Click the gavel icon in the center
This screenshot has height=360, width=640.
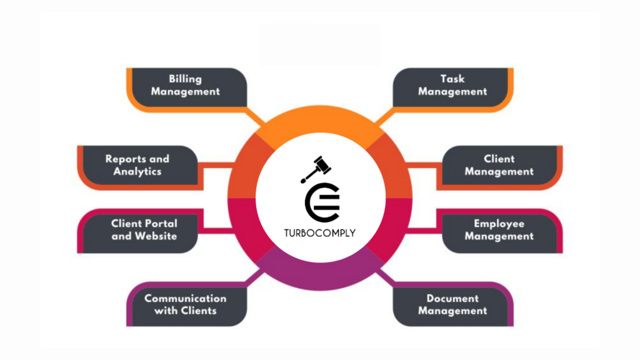point(316,169)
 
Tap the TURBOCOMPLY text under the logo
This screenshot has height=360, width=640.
point(319,233)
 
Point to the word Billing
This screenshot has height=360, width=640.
point(185,79)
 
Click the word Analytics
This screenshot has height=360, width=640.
point(137,171)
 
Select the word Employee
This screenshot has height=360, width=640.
point(499,224)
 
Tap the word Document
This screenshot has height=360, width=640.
point(452,298)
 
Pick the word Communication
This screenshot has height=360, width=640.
point(185,298)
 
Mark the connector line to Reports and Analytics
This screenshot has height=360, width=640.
point(216,165)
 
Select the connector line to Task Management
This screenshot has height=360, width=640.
point(384,116)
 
